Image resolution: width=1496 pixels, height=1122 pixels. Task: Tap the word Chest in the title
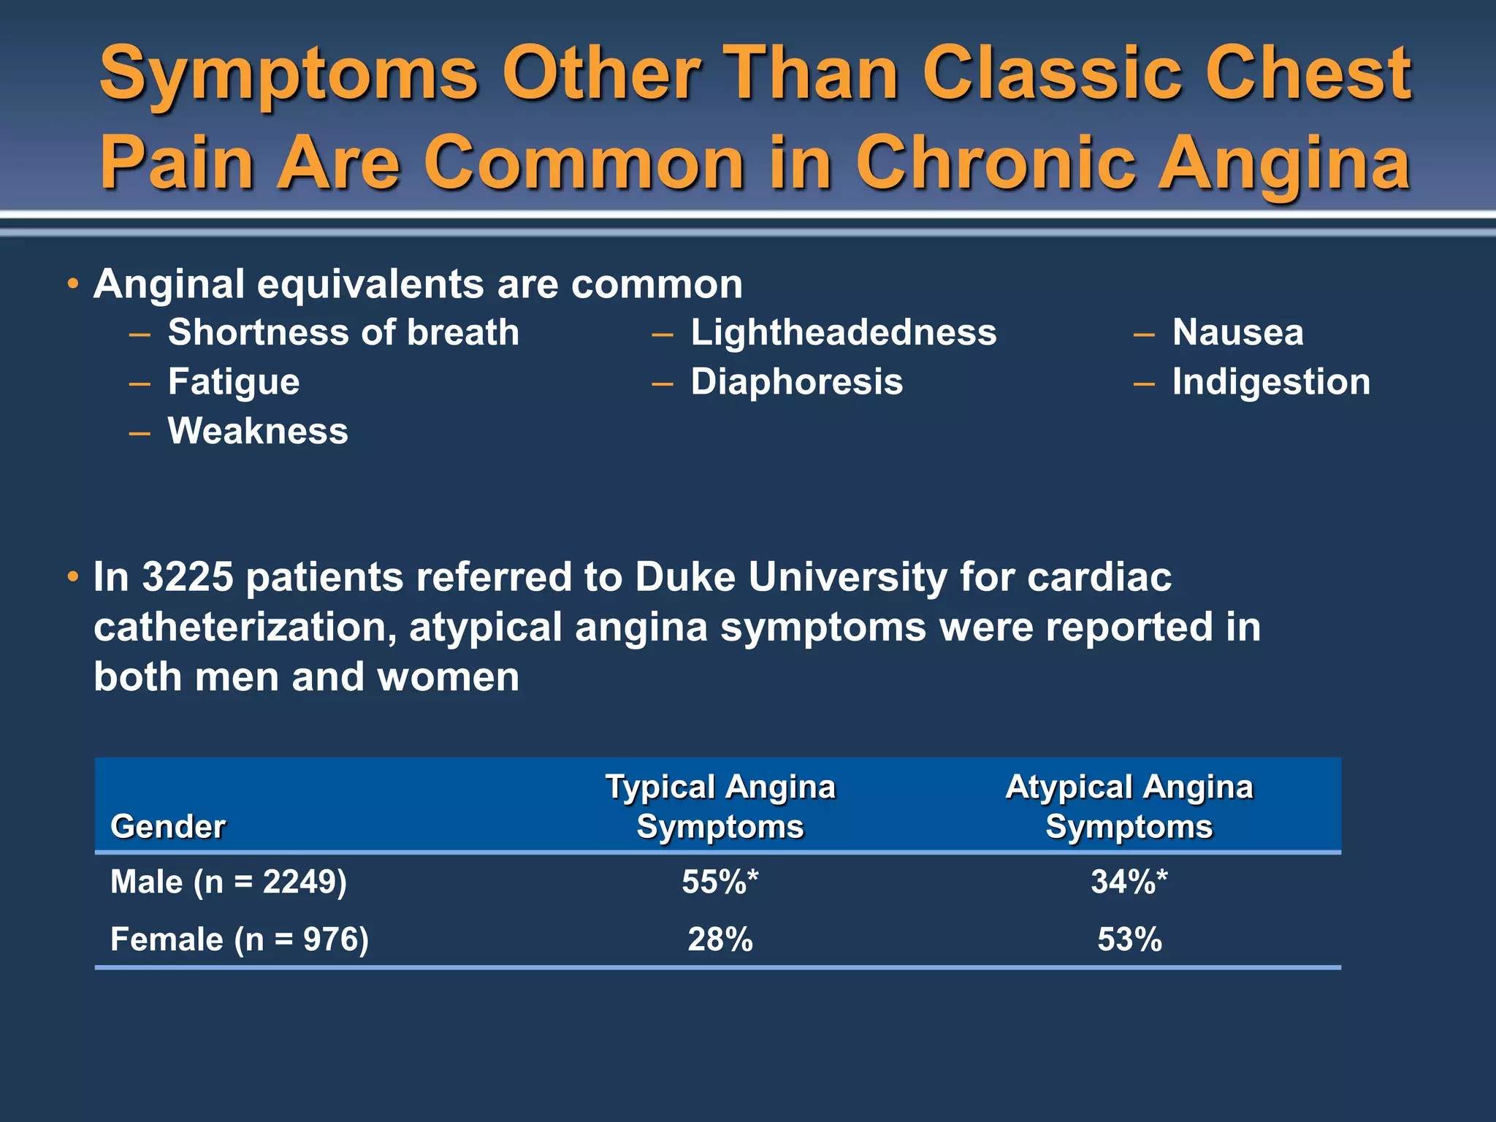click(x=1308, y=73)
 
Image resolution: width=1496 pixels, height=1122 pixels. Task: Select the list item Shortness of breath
click(x=343, y=332)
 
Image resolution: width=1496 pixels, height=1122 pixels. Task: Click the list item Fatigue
click(x=234, y=382)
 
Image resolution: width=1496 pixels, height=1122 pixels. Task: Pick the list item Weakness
click(x=258, y=431)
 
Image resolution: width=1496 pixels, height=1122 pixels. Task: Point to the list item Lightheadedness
click(x=844, y=332)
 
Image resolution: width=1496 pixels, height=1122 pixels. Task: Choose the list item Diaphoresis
click(x=797, y=382)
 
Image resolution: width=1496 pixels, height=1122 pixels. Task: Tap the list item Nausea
click(x=1237, y=332)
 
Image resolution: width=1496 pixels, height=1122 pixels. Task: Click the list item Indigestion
click(x=1271, y=382)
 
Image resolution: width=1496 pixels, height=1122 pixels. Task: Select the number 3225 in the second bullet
click(x=188, y=577)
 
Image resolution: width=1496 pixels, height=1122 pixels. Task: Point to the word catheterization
click(x=245, y=627)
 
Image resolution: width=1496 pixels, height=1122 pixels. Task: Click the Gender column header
click(x=168, y=826)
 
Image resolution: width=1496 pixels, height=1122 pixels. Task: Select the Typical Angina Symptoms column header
click(x=720, y=806)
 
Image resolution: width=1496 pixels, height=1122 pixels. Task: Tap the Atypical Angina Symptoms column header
click(x=1129, y=806)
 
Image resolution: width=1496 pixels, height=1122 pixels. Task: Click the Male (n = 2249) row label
click(x=229, y=882)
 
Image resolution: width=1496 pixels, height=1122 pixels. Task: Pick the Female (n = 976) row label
click(x=240, y=939)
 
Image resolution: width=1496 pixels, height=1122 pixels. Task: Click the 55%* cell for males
click(x=720, y=882)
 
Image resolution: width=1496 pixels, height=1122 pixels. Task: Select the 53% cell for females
click(x=1129, y=939)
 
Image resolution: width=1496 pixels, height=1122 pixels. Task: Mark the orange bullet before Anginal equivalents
click(x=72, y=284)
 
